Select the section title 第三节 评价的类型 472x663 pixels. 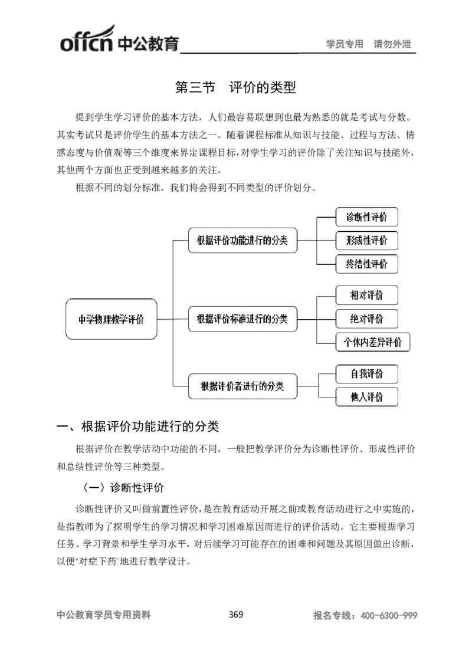[x=235, y=88]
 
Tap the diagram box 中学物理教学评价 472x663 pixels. [x=111, y=319]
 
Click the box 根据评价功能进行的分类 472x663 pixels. [x=242, y=240]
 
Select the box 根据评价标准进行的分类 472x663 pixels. [x=242, y=319]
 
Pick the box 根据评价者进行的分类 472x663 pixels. [x=242, y=386]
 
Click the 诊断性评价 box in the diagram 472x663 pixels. [x=366, y=216]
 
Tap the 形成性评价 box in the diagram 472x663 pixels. [x=366, y=240]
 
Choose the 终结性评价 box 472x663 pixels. [x=366, y=264]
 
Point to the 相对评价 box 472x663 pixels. [x=366, y=295]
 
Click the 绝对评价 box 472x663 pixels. [x=366, y=319]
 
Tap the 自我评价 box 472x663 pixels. [x=366, y=374]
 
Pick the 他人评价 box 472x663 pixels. [x=366, y=397]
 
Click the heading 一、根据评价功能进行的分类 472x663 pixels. [x=137, y=426]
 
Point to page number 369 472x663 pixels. [x=235, y=615]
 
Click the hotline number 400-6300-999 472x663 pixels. [x=388, y=615]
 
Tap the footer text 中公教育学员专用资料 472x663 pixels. [x=103, y=615]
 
